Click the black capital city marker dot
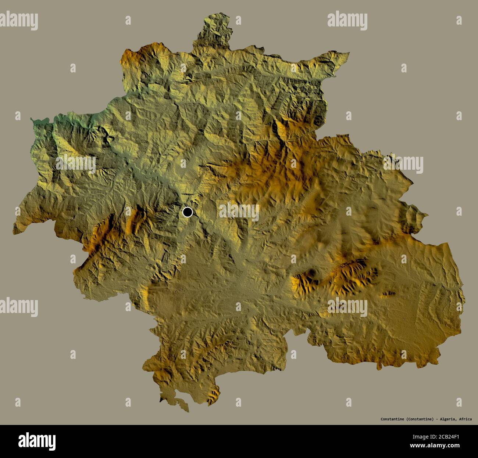188,212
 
